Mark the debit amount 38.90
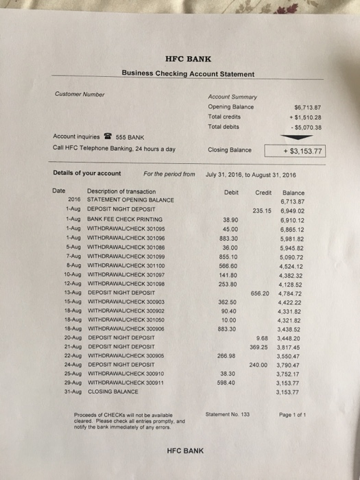pos(230,219)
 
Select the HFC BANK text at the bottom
pos(185,451)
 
